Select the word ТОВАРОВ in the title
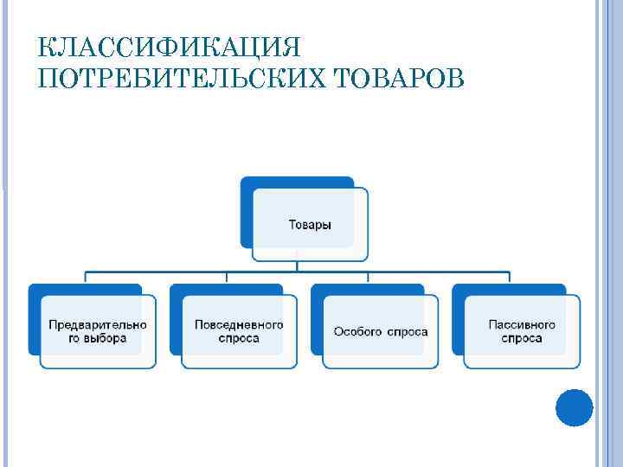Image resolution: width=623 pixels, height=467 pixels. pos(395,80)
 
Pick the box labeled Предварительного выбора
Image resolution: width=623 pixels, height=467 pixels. pos(98,331)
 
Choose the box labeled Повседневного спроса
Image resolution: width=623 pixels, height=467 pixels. pos(239,331)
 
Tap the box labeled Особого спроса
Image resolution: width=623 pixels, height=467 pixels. pos(381,331)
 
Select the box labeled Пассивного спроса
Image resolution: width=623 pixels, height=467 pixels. pos(522,331)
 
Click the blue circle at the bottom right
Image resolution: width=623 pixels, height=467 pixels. pos(574,407)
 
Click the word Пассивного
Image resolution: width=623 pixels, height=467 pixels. pos(522,324)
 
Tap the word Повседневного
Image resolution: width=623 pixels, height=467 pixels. pos(239,324)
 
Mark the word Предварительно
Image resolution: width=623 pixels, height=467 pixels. pos(98,324)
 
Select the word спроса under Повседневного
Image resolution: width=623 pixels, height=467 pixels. pos(239,338)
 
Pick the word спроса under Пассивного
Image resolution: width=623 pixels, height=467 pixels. pos(522,338)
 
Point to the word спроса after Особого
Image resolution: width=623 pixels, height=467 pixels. pos(407,332)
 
